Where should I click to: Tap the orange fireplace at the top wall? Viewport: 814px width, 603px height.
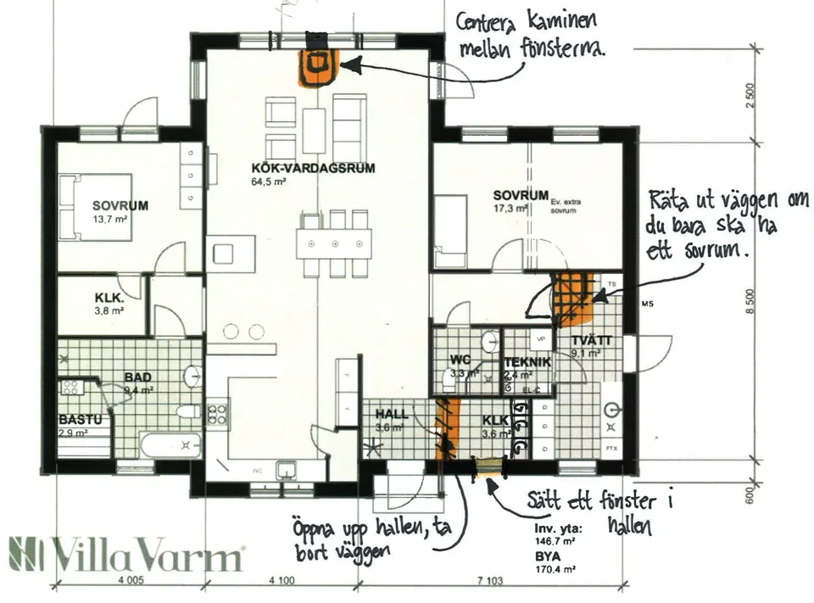click(x=319, y=66)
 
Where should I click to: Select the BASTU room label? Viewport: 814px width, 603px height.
click(x=80, y=420)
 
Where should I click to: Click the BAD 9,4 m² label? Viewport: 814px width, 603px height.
click(x=137, y=382)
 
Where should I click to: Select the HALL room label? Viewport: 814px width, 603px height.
click(x=391, y=415)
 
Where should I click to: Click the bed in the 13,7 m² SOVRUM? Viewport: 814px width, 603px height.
click(x=95, y=205)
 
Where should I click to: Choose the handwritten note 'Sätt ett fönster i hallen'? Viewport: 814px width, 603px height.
click(x=599, y=512)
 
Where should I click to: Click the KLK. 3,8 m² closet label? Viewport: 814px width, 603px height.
click(x=109, y=299)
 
